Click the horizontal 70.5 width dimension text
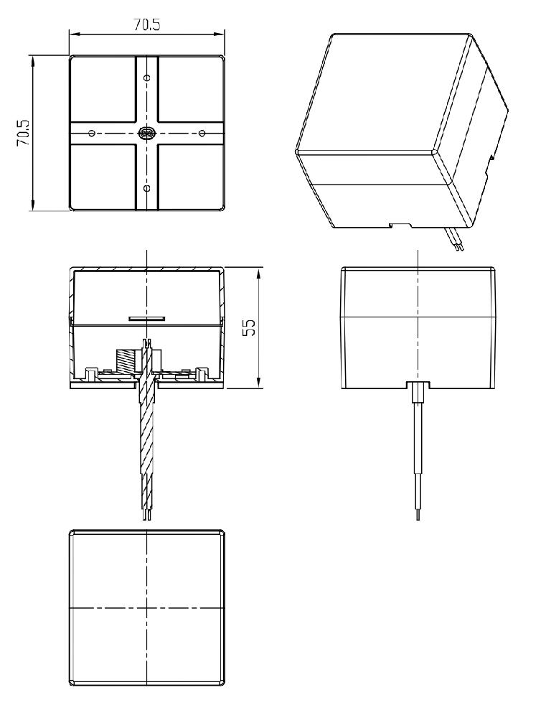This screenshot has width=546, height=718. [x=147, y=24]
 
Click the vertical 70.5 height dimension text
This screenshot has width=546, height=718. [x=24, y=133]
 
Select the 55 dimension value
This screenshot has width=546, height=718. [x=248, y=327]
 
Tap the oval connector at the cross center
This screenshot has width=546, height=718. [x=147, y=134]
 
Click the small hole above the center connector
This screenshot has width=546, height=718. [x=146, y=78]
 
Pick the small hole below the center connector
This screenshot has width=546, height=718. [x=146, y=188]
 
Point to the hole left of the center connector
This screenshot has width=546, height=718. [x=92, y=134]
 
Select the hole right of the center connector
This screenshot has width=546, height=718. [x=202, y=134]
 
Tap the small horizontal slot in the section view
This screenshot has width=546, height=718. [x=146, y=317]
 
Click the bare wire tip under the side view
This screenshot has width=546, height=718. [x=418, y=515]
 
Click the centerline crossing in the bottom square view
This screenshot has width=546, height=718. [x=146, y=608]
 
